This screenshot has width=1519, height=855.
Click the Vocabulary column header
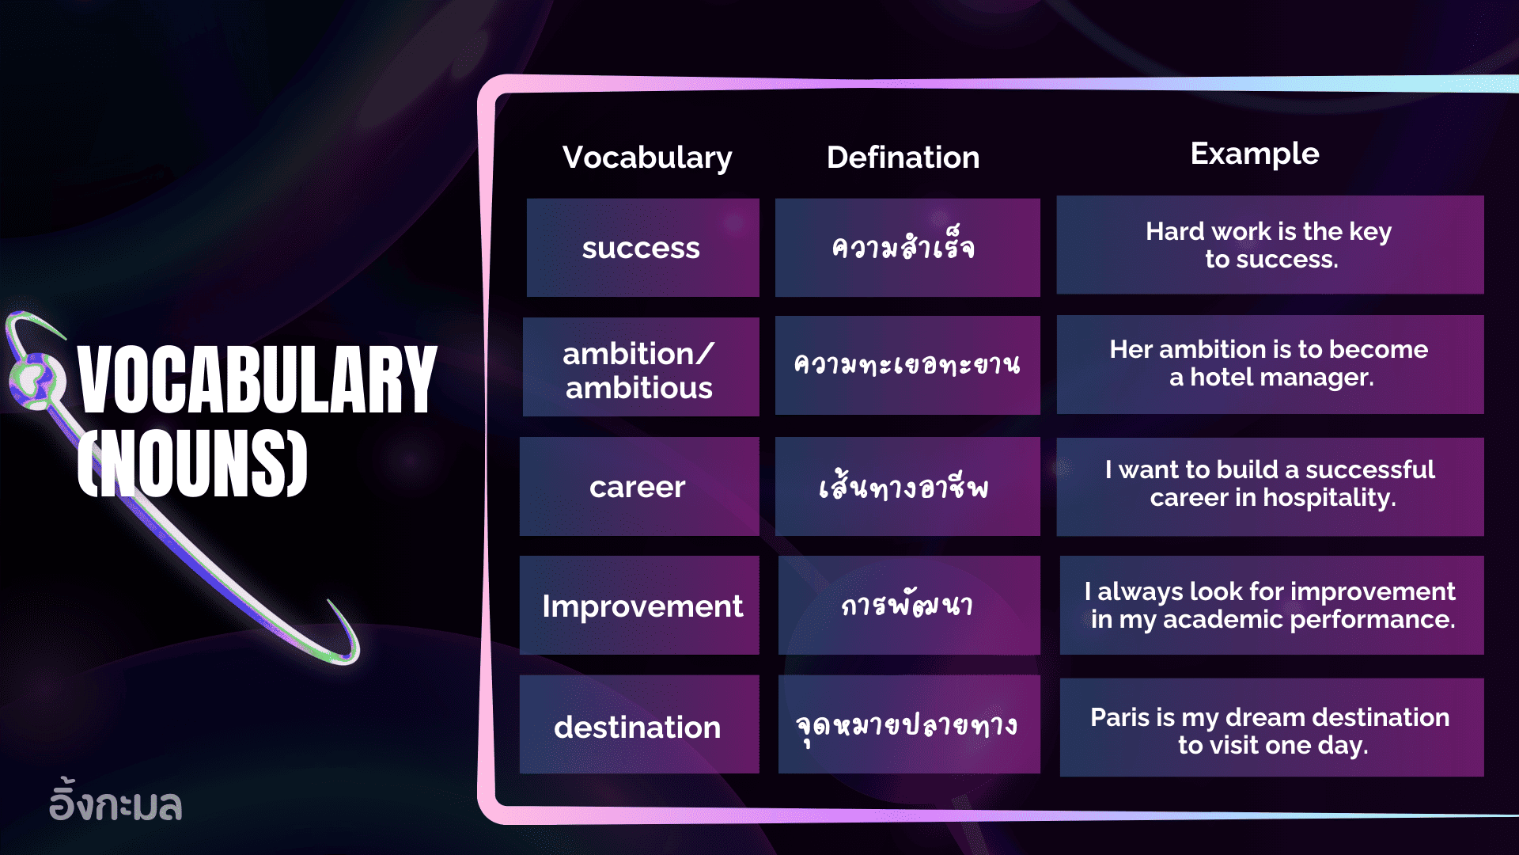(x=647, y=158)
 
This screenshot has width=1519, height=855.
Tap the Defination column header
(x=903, y=158)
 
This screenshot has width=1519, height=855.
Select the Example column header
(x=1254, y=154)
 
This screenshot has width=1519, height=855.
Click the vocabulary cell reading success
(x=642, y=249)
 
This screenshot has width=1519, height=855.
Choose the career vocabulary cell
(x=638, y=488)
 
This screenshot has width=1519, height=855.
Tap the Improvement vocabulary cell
(x=642, y=606)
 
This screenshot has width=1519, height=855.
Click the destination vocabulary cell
(x=638, y=728)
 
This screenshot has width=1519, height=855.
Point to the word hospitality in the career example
(x=1329, y=498)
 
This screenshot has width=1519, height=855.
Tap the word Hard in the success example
(x=1174, y=231)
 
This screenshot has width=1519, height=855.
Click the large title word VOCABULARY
(x=257, y=380)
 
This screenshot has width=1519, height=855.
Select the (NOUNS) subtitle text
(x=193, y=463)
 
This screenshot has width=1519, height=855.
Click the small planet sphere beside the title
(x=35, y=380)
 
